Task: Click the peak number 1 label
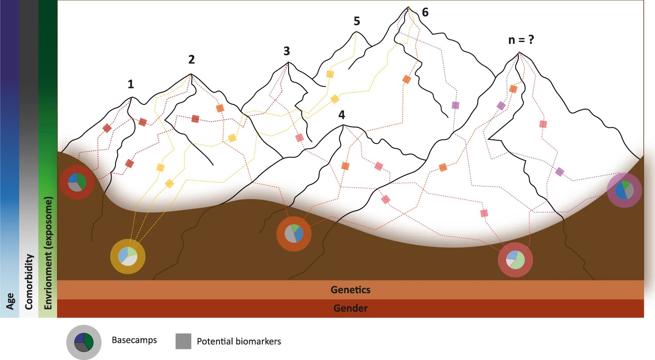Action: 131,84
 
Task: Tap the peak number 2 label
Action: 191,59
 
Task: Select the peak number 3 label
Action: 287,51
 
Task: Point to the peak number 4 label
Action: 342,115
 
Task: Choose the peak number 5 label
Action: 357,21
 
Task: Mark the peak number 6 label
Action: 425,12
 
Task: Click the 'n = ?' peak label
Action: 521,40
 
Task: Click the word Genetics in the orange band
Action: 351,290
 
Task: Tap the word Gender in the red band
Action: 351,308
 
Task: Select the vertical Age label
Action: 10,301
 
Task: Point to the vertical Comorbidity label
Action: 29,282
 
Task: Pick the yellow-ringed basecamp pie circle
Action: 128,257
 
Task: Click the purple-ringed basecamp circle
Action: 624,190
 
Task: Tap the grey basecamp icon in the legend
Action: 84,342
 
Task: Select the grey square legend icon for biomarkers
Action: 183,341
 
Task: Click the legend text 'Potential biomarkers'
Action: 239,341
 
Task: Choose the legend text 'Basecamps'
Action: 134,340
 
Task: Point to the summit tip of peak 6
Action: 408,7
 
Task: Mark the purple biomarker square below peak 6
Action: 455,105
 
